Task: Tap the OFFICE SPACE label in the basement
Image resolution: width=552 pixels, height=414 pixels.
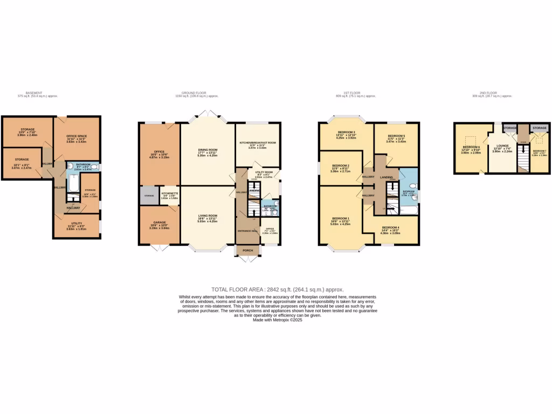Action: click(x=77, y=135)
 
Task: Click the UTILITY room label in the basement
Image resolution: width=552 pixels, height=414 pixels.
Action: click(x=76, y=223)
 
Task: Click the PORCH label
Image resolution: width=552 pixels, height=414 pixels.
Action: click(x=247, y=251)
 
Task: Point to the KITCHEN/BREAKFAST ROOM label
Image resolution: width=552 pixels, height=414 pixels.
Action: click(x=257, y=142)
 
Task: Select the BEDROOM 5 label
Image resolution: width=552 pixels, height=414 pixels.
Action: click(x=396, y=136)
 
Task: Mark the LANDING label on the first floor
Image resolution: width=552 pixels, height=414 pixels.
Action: click(x=387, y=176)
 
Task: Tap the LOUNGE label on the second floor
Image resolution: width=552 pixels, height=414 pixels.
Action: click(x=502, y=146)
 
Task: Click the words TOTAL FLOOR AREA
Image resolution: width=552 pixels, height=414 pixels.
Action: click(x=234, y=289)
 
